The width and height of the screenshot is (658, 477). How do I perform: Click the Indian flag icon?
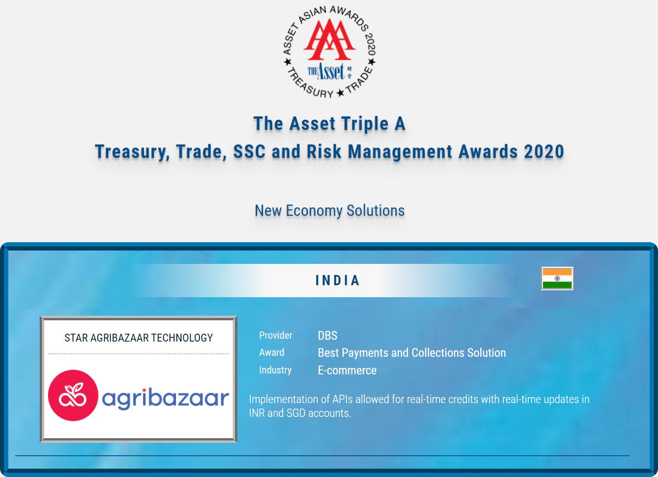click(557, 278)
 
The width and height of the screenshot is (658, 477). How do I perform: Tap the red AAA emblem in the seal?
click(329, 40)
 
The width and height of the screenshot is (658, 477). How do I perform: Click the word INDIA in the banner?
click(338, 281)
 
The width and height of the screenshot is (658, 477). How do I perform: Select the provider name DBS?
click(327, 336)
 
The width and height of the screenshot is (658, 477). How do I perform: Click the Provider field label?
click(276, 336)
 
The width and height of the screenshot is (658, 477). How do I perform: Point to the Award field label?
click(272, 353)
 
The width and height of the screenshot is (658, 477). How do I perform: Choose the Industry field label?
click(275, 370)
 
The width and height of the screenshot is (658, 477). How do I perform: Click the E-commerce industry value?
click(347, 371)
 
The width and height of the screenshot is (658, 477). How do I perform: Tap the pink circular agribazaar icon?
click(73, 395)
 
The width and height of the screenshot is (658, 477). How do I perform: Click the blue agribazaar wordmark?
click(165, 398)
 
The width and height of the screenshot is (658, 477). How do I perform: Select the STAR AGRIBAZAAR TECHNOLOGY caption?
click(139, 338)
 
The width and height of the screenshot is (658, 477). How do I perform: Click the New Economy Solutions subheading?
click(330, 211)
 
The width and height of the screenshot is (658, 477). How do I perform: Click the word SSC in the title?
click(249, 152)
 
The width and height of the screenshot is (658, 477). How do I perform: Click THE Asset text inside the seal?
click(326, 72)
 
